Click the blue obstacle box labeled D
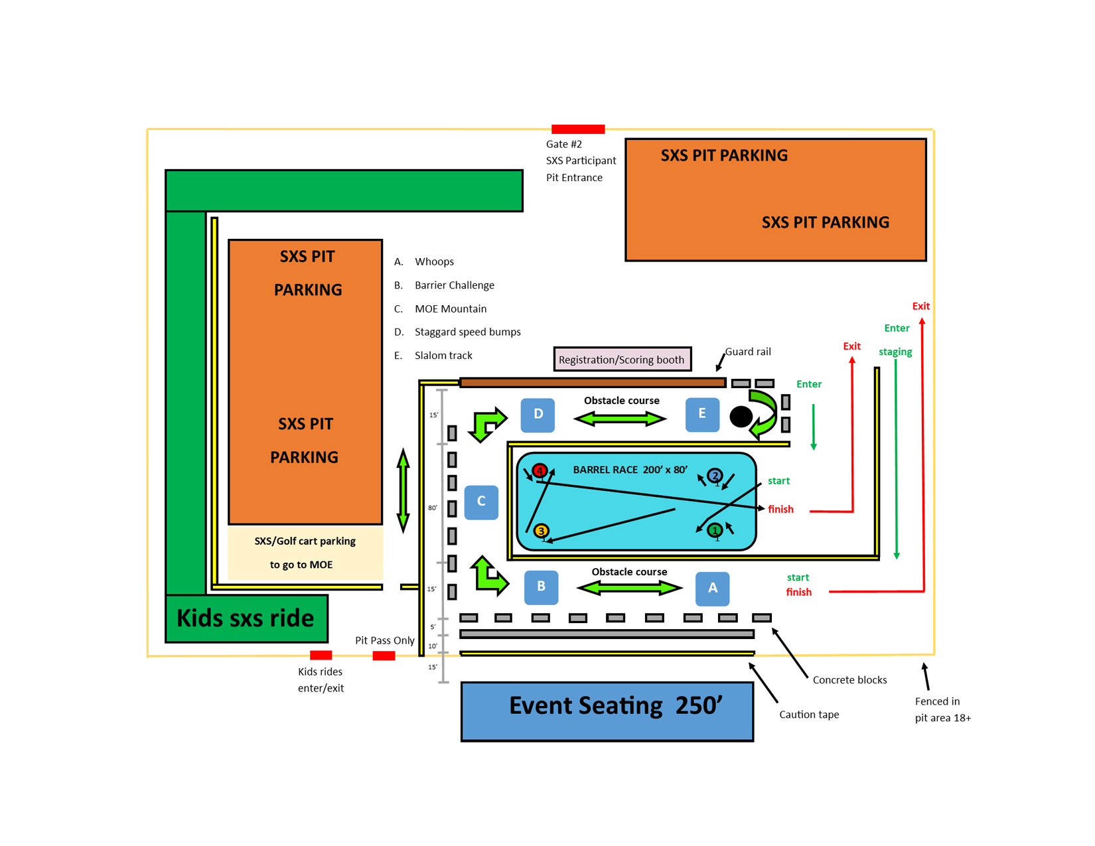pyautogui.click(x=537, y=415)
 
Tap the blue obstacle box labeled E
pyautogui.click(x=702, y=415)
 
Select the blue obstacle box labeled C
pyautogui.click(x=480, y=502)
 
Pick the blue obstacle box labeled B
pyautogui.click(x=541, y=587)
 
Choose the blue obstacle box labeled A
pyautogui.click(x=712, y=589)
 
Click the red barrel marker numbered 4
pyautogui.click(x=540, y=470)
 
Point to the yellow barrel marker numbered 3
pyautogui.click(x=541, y=531)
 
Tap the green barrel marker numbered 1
pyautogui.click(x=715, y=530)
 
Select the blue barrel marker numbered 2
pyautogui.click(x=715, y=475)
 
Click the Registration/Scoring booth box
pyautogui.click(x=622, y=359)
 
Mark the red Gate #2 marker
pyautogui.click(x=578, y=129)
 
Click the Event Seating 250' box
pyautogui.click(x=607, y=711)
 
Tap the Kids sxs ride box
pyautogui.click(x=246, y=619)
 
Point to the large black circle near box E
pyautogui.click(x=741, y=417)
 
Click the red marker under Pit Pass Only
pyautogui.click(x=384, y=656)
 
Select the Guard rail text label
pyautogui.click(x=748, y=352)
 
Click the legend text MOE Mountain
pyautogui.click(x=451, y=309)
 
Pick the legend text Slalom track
pyautogui.click(x=443, y=355)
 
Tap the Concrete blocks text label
pyautogui.click(x=849, y=679)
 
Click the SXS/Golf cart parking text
pyautogui.click(x=305, y=541)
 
